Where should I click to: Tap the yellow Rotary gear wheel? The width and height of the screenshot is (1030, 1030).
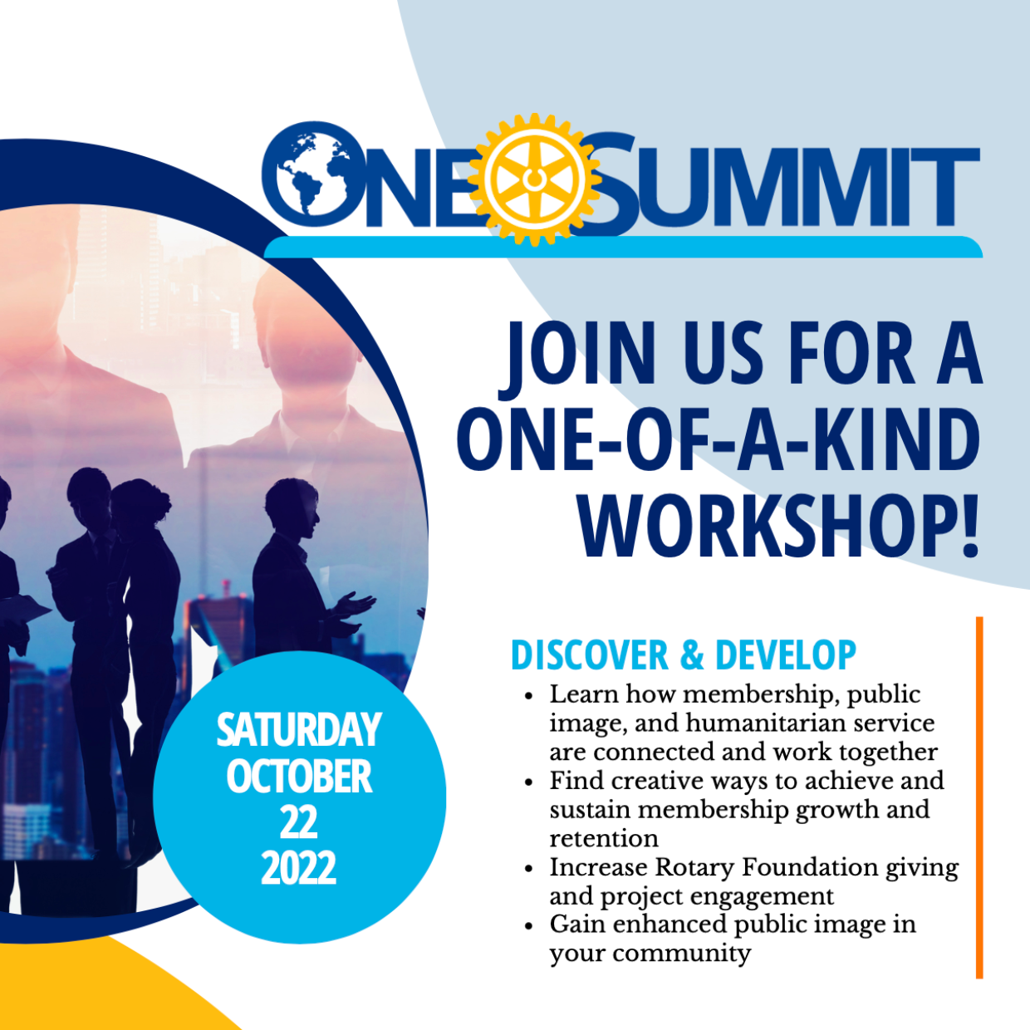pos(534,179)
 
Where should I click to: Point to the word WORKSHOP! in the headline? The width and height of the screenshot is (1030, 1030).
pos(780,527)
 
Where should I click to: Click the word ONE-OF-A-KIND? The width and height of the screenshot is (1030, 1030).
pos(719,440)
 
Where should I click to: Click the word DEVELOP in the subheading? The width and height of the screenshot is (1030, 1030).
pos(786,655)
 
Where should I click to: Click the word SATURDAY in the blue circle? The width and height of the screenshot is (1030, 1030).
pos(299,729)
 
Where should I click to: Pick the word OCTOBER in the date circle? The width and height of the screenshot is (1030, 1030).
pos(299,776)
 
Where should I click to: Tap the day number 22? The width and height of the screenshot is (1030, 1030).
pos(299,822)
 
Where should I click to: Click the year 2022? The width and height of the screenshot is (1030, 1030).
pos(299,867)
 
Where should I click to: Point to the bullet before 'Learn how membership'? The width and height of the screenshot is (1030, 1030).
pos(529,696)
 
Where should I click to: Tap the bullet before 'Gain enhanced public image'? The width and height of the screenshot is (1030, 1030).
pos(529,926)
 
